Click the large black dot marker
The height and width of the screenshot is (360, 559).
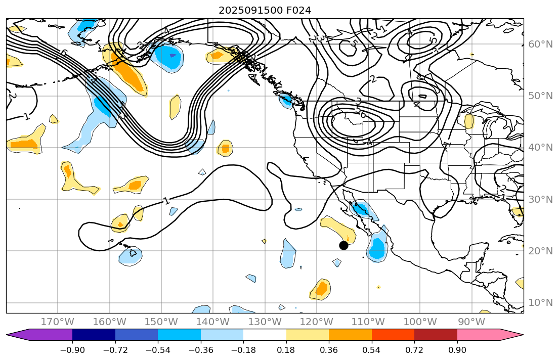[x=343, y=245]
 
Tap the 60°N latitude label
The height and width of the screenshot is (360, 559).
[x=540, y=44]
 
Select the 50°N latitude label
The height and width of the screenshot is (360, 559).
[x=540, y=96]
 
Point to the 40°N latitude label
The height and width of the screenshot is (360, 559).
[x=540, y=148]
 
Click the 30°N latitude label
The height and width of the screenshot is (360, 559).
[x=540, y=199]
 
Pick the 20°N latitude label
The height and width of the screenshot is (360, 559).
[x=540, y=251]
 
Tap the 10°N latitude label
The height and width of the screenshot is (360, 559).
[x=540, y=303]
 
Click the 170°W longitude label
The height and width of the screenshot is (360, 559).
[x=58, y=322]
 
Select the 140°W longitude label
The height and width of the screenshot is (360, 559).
[x=213, y=322]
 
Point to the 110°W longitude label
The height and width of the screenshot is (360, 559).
[x=368, y=322]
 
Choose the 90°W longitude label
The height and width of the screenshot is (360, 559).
[x=471, y=322]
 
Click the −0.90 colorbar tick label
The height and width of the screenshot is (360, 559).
[x=72, y=349]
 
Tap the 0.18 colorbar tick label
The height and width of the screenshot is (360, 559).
[x=286, y=349]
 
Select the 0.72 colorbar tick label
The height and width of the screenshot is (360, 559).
[x=414, y=349]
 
